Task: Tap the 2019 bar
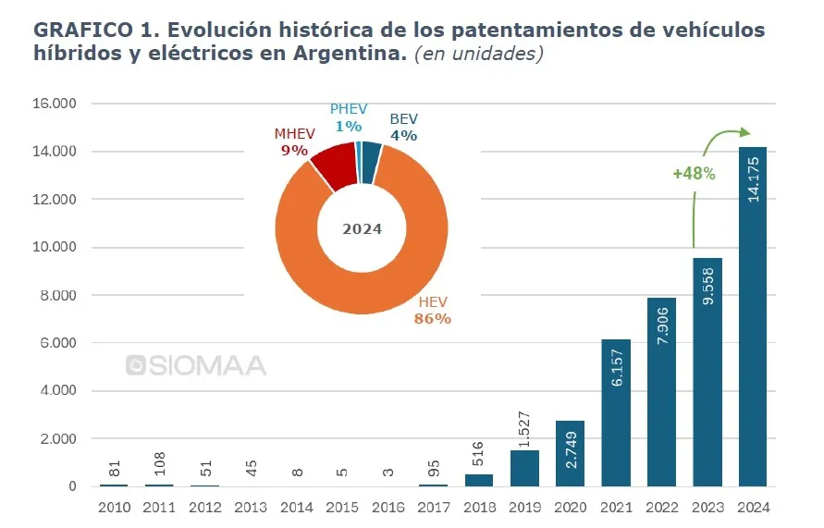[524, 469]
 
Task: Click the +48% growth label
[694, 172]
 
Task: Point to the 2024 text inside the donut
[362, 229]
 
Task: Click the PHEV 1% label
[348, 117]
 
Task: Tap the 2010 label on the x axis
[115, 507]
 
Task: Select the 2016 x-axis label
[387, 507]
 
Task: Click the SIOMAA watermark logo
[196, 365]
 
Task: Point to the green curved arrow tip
[748, 133]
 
